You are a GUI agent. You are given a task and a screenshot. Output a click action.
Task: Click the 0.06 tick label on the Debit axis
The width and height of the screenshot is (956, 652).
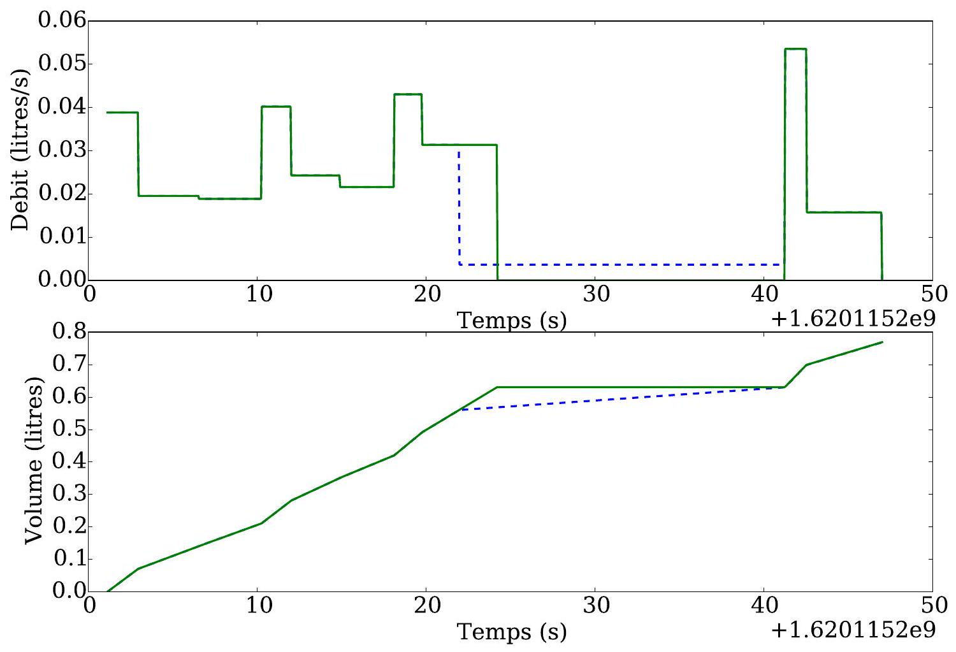pos(62,20)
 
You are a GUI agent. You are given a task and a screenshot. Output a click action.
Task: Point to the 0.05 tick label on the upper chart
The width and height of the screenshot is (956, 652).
pos(62,64)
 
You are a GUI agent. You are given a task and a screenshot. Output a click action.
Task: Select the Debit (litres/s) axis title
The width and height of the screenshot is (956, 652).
pos(20,150)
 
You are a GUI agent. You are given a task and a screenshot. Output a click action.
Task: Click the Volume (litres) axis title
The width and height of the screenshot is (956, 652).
pos(34,461)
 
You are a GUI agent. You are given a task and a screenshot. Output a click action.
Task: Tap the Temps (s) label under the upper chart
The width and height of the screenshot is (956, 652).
pos(512,321)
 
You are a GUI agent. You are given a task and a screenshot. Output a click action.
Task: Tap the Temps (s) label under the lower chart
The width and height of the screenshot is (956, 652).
pos(512,632)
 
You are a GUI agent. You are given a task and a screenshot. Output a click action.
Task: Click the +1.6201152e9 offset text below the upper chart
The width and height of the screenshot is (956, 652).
pos(853,319)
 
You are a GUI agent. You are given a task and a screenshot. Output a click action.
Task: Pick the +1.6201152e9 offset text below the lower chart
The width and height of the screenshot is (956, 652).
pos(853,630)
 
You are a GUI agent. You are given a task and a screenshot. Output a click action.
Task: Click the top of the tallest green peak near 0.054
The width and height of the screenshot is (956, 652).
pos(795,49)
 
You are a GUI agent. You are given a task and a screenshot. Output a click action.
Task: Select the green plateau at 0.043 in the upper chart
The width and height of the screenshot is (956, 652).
pos(408,94)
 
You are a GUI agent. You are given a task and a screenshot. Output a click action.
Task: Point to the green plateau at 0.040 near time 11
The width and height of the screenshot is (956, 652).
pos(276,106)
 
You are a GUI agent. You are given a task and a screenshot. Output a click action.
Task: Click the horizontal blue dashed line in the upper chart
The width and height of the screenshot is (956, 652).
pos(621,264)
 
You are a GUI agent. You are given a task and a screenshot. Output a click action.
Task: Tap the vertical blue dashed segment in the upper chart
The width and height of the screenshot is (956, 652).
pos(459,207)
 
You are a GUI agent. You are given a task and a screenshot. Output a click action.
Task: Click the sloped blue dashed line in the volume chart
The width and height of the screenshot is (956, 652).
pos(623,398)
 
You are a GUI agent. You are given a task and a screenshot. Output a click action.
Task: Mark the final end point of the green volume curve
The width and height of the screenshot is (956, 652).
pos(882,342)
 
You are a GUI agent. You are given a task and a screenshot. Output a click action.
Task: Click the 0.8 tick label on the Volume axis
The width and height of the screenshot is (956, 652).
pos(69,331)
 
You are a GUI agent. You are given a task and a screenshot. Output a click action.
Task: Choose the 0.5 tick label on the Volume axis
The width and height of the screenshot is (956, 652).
pos(69,430)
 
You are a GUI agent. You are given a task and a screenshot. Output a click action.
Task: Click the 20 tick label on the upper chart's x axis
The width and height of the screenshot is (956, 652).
pos(427,294)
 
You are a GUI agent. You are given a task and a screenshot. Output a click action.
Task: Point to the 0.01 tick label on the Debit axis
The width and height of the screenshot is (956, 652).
pos(62,236)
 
